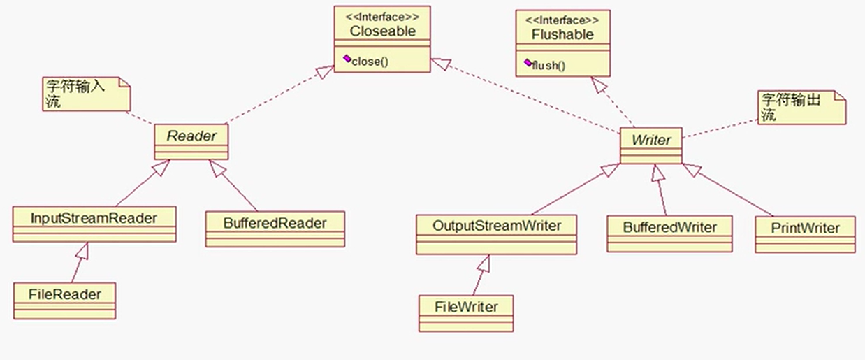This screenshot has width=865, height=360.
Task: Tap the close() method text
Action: coord(370,62)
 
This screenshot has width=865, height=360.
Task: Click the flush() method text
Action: coord(548,66)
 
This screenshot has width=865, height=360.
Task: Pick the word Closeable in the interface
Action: coord(382,31)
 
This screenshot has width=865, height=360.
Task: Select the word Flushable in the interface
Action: coord(562,34)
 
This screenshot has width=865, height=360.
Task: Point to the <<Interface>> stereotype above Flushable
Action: coord(562,20)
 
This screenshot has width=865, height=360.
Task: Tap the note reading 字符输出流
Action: coord(801,107)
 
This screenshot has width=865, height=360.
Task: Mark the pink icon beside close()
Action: coord(347,59)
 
